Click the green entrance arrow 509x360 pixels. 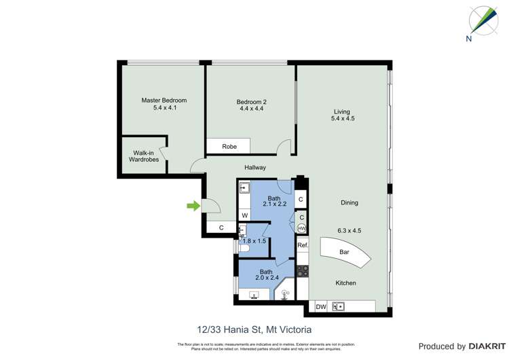(x=194, y=206)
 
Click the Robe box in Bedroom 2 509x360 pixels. (x=228, y=146)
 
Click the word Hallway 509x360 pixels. (x=254, y=167)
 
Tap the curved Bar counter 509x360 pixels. (x=343, y=251)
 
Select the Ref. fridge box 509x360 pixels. (x=303, y=245)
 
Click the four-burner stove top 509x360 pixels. (x=303, y=271)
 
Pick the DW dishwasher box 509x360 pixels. (x=320, y=306)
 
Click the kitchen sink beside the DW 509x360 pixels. (x=337, y=306)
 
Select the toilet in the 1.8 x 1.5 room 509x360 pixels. (x=246, y=249)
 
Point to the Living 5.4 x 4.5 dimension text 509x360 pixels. (x=343, y=118)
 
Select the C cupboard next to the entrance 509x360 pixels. (x=221, y=228)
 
